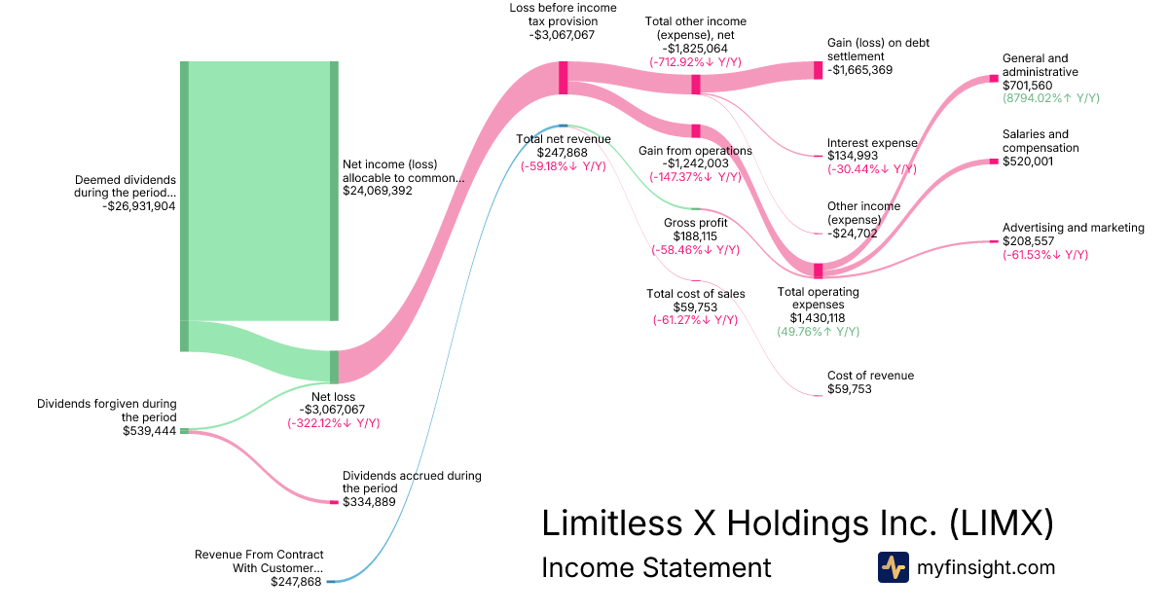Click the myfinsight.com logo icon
click(x=894, y=567)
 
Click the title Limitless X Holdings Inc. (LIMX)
click(x=797, y=523)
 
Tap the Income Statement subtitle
click(x=655, y=567)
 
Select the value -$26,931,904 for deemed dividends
click(x=138, y=205)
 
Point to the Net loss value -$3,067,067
click(x=333, y=410)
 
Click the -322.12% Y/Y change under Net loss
click(x=333, y=423)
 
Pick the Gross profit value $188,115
click(x=695, y=235)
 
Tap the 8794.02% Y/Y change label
click(x=1051, y=98)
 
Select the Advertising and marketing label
click(x=1073, y=228)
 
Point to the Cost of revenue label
click(x=870, y=376)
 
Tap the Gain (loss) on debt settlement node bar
click(x=818, y=70)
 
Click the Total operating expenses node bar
click(x=818, y=270)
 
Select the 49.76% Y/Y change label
click(x=818, y=332)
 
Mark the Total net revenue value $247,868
click(x=564, y=153)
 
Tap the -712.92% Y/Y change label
click(x=695, y=61)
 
